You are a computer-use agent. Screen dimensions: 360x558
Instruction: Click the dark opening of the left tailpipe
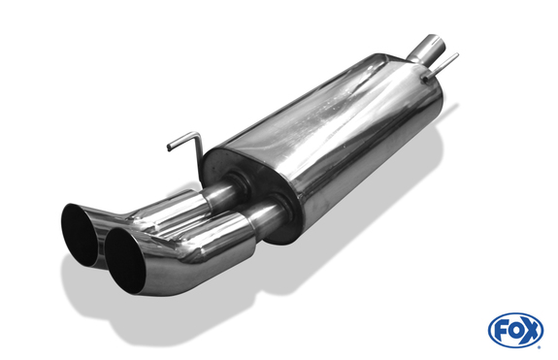(80, 233)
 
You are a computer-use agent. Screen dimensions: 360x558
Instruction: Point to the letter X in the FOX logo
(531, 330)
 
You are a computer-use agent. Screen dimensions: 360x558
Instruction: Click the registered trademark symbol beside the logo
(546, 317)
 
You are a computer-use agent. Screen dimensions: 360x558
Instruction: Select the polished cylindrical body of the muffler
(340, 136)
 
